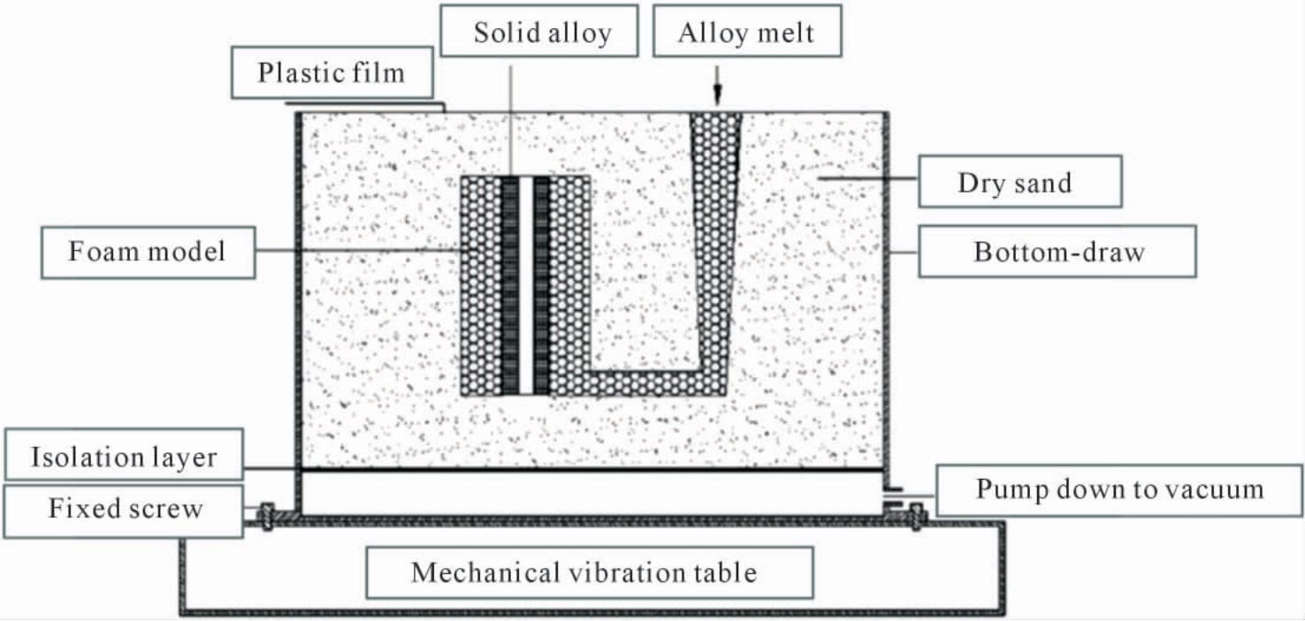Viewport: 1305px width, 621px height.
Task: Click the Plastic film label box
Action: (x=332, y=72)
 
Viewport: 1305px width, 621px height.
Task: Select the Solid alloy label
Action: (x=539, y=32)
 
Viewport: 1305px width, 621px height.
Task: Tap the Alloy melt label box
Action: (x=747, y=32)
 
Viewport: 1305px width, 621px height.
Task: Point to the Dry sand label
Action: (x=1020, y=182)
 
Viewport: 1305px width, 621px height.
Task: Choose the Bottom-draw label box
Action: (x=1057, y=252)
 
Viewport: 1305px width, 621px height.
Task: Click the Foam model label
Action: (x=148, y=252)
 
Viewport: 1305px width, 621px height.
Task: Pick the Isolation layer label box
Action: (x=124, y=455)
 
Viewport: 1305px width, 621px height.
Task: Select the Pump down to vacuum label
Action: (x=1118, y=490)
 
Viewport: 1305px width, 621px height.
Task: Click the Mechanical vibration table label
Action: (x=590, y=572)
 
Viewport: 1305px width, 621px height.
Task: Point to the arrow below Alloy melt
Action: (x=717, y=85)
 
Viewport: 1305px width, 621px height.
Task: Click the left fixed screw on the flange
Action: (x=267, y=517)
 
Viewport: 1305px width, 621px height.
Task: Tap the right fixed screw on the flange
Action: (x=916, y=517)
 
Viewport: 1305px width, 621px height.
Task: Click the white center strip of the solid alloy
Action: (x=525, y=285)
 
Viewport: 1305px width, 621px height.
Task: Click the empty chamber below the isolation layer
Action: (x=591, y=493)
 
